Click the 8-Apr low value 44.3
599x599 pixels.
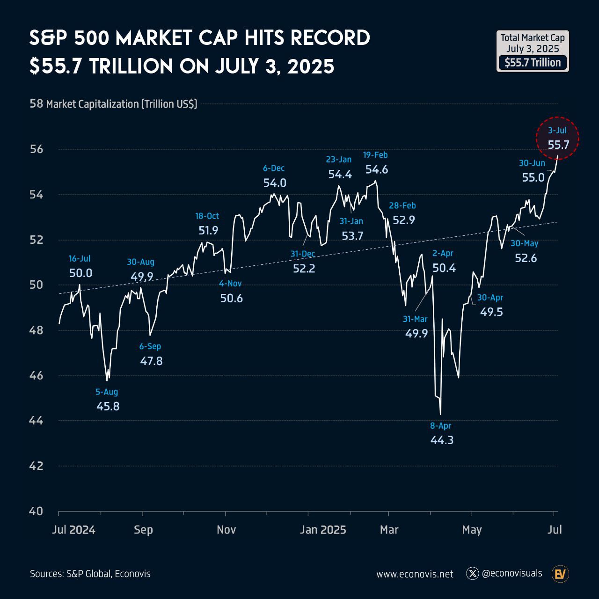pyautogui.click(x=442, y=440)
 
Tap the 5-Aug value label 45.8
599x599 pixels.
pyautogui.click(x=108, y=406)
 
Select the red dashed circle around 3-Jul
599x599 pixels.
pyautogui.click(x=557, y=138)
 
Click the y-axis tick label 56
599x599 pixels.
pyautogui.click(x=37, y=149)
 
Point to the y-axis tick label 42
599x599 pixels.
pyautogui.click(x=37, y=466)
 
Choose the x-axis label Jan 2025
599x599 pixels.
pyautogui.click(x=323, y=530)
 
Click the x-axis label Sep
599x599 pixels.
pyautogui.click(x=143, y=530)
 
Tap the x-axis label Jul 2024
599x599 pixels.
pyautogui.click(x=74, y=530)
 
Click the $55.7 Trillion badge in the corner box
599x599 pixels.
pyautogui.click(x=533, y=63)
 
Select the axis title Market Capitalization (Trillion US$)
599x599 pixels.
pyautogui.click(x=122, y=104)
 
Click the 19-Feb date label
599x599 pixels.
pyautogui.click(x=376, y=155)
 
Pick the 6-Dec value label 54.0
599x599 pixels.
pyautogui.click(x=275, y=183)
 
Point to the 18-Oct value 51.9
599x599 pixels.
pyautogui.click(x=208, y=230)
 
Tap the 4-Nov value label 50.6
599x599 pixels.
pyautogui.click(x=232, y=298)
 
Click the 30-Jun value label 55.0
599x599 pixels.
pyautogui.click(x=533, y=177)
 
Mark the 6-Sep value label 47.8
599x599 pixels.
pyautogui.click(x=151, y=361)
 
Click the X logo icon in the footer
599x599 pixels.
pyautogui.click(x=472, y=573)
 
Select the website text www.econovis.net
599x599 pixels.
pyautogui.click(x=415, y=574)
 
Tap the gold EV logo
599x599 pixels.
pyautogui.click(x=560, y=574)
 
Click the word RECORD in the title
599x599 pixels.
pyautogui.click(x=330, y=38)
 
